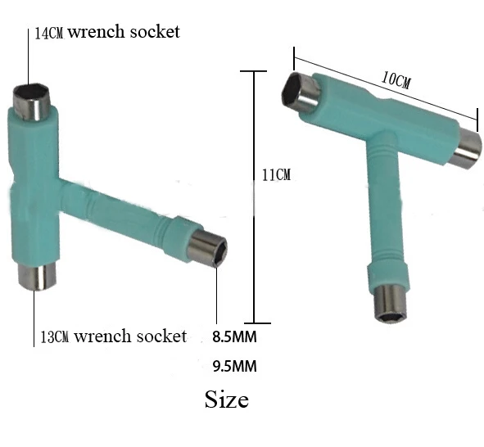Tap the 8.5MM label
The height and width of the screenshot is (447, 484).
(233, 336)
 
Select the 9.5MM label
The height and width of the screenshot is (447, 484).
(233, 367)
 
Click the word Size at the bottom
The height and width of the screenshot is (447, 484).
(226, 400)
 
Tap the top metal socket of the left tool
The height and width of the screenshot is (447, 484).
(33, 99)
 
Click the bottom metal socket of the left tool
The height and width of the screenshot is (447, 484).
(33, 277)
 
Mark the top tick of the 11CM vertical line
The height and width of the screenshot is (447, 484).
(256, 71)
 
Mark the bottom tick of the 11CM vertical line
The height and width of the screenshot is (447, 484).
(256, 323)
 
